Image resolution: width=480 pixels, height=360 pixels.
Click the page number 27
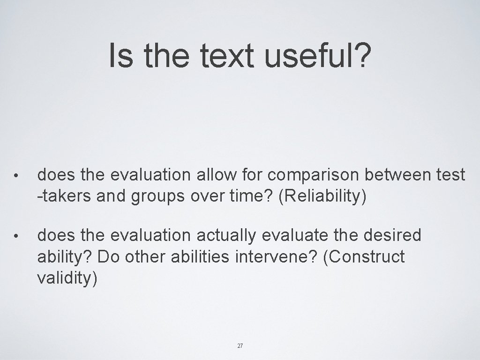click(240, 346)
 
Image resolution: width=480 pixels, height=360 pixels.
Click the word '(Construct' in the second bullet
click(363, 257)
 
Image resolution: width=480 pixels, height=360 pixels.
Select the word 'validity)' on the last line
click(67, 278)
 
